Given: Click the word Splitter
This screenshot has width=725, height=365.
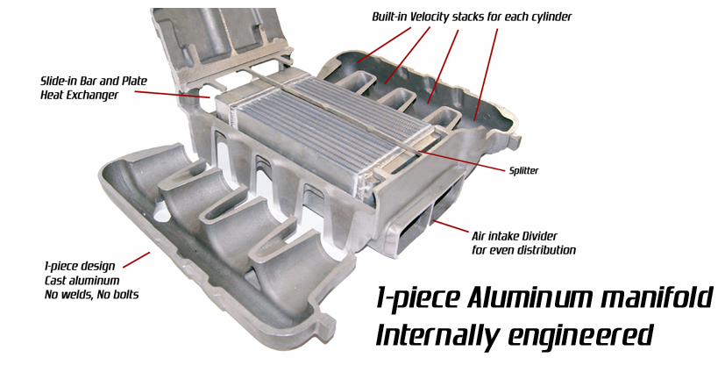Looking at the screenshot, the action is (x=524, y=171).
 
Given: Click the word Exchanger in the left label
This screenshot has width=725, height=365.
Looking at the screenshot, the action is (x=96, y=96).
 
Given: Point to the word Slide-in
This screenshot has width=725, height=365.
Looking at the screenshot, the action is (x=58, y=81).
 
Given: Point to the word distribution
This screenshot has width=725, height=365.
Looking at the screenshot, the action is (x=545, y=250).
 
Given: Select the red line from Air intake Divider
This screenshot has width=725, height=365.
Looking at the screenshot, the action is (x=451, y=226).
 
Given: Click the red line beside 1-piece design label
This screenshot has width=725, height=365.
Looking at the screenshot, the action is (x=137, y=260).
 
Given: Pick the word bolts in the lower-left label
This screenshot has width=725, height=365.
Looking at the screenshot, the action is (x=126, y=295).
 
